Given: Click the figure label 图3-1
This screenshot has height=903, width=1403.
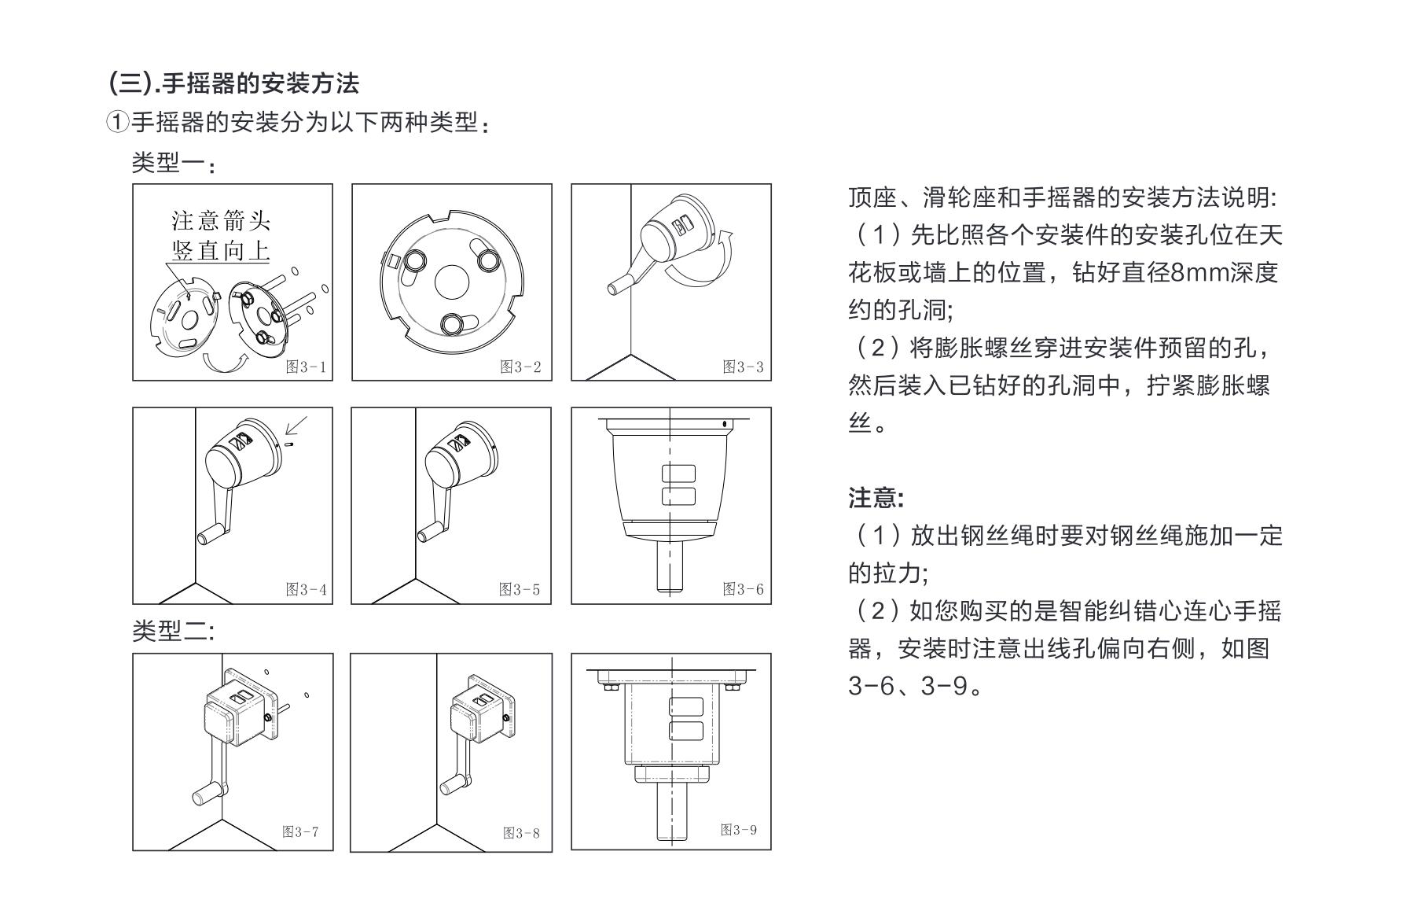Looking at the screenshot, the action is pos(306,367).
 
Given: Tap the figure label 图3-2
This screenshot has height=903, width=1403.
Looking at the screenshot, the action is pos(521,367).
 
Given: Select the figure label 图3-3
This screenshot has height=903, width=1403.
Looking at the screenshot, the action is pos(744,367).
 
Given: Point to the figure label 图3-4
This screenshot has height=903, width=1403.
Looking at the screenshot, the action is pos(306,590).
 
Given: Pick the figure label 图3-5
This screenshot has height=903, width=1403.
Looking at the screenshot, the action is pos(520,590).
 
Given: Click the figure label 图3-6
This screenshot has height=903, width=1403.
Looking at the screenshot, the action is pos(744,589).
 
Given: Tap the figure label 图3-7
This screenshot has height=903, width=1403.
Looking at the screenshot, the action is pos(301,832).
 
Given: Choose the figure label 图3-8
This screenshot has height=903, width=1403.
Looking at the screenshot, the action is pos(522,834).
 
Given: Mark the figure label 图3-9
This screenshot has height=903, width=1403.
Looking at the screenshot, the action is pos(739,830).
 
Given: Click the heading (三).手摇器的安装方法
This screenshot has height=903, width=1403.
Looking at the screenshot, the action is pos(234,83).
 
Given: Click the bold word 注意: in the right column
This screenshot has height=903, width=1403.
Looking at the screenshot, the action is pos(876,498).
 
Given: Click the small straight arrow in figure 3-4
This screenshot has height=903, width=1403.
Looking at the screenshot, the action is pos(296,425).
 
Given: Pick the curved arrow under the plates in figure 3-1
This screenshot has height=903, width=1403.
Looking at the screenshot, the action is pos(224,362).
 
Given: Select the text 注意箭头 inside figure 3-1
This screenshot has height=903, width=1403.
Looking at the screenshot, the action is pos(221,219).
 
